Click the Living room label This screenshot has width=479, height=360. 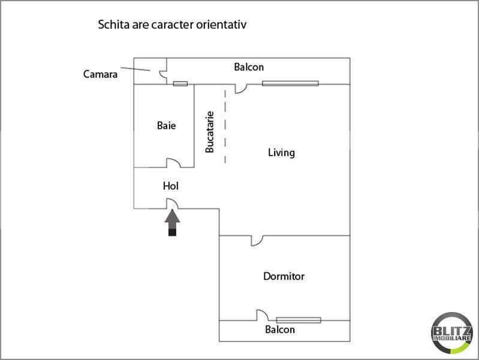pyautogui.click(x=281, y=152)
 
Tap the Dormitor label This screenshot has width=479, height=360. pyautogui.click(x=284, y=277)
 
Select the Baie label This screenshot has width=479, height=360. pyautogui.click(x=166, y=126)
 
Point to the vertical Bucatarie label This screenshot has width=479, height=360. pyautogui.click(x=210, y=131)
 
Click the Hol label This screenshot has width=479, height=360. pyautogui.click(x=171, y=187)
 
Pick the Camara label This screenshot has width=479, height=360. pyautogui.click(x=100, y=74)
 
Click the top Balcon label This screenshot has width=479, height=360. pyautogui.click(x=248, y=67)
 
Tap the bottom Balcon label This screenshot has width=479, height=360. pyautogui.click(x=280, y=329)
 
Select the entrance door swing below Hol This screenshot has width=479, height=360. pyautogui.click(x=172, y=205)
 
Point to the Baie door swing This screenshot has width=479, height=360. pyautogui.click(x=173, y=163)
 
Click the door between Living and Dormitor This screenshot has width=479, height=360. pyautogui.click(x=257, y=240)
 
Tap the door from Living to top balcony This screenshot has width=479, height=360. pyautogui.click(x=240, y=89)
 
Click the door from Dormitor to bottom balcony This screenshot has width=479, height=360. pyautogui.click(x=261, y=316)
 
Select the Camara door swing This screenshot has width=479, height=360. pyautogui.click(x=162, y=74)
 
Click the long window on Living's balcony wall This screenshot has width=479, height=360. pyautogui.click(x=290, y=83)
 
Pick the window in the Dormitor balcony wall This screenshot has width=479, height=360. pyautogui.click(x=299, y=320)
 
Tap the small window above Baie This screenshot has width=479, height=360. pyautogui.click(x=180, y=83)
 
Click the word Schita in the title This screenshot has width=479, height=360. pyautogui.click(x=111, y=25)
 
